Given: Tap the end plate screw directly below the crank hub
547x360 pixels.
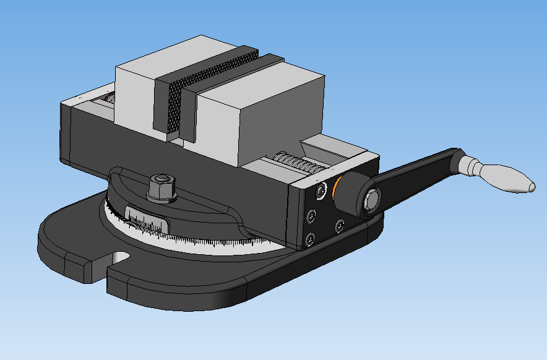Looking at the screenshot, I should [339, 226].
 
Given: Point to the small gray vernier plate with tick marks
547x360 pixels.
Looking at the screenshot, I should [147, 222].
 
